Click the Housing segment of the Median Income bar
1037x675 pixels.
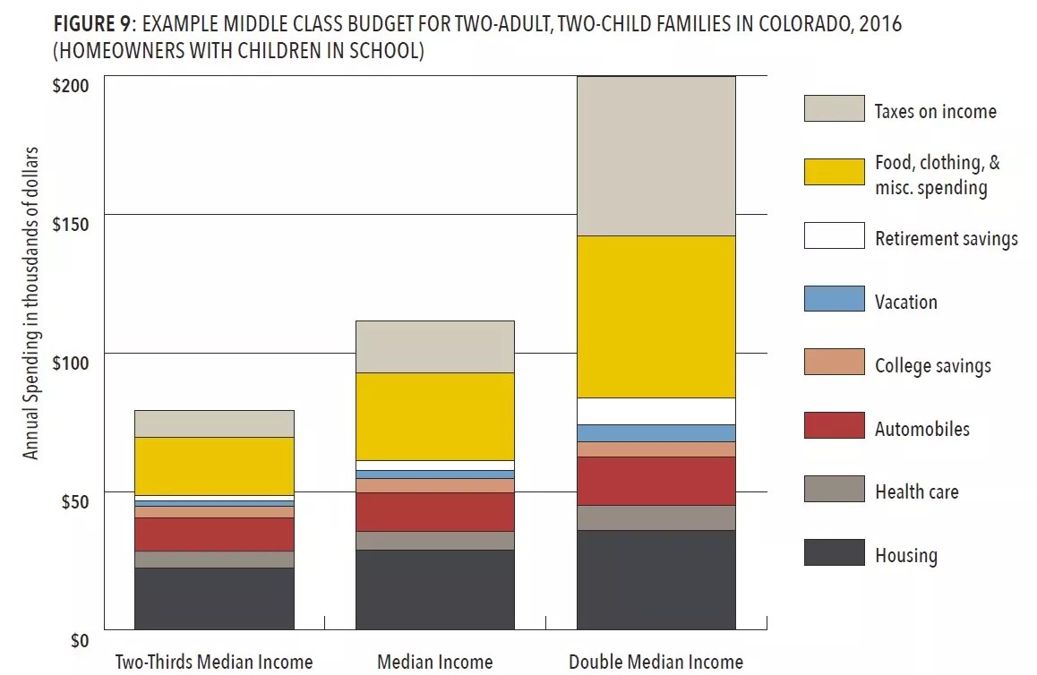pos(434,589)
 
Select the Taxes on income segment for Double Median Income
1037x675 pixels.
pos(656,156)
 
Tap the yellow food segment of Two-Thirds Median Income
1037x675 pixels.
pos(214,466)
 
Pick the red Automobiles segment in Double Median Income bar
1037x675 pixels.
pos(656,481)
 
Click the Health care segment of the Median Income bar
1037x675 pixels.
pos(434,540)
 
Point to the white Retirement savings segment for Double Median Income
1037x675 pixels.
pos(656,411)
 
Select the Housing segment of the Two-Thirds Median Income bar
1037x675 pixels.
pos(214,598)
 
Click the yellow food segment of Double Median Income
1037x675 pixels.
pos(656,316)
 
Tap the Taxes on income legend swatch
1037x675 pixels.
pos(834,108)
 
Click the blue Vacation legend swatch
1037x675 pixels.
pos(834,299)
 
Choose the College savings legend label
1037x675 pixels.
pos(932,365)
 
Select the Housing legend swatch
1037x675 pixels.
pos(834,552)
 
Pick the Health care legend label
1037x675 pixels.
pos(916,491)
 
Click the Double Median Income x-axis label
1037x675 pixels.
pos(656,662)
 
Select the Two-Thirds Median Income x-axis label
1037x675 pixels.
pos(214,662)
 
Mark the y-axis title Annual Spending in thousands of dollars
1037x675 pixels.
pos(32,303)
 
